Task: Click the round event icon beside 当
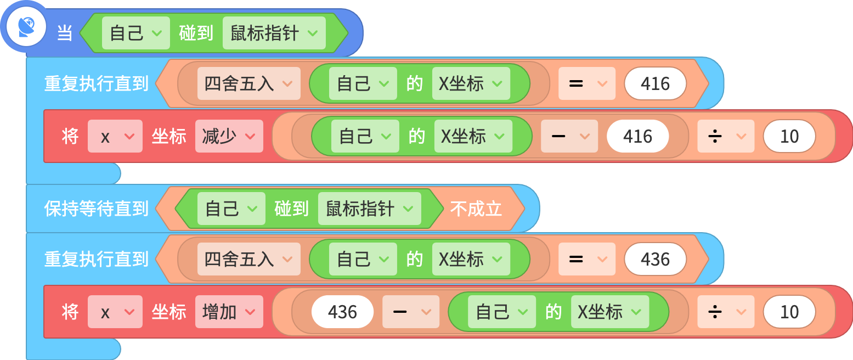tap(26, 27)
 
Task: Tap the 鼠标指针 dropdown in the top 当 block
tap(274, 33)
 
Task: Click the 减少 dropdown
tap(229, 137)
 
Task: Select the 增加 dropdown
tap(229, 312)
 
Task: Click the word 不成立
tap(476, 209)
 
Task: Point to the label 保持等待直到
tap(97, 209)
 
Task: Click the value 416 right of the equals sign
tap(656, 84)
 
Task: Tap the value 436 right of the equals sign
tap(656, 260)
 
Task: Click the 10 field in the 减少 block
tap(789, 137)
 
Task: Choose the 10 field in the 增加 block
tap(789, 312)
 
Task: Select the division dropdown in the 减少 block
tap(726, 137)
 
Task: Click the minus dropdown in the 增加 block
tap(411, 312)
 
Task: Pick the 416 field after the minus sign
tap(638, 137)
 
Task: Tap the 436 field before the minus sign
tap(342, 312)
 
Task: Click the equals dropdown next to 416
tap(587, 84)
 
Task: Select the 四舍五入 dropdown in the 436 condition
tap(248, 260)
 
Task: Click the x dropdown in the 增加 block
tap(115, 312)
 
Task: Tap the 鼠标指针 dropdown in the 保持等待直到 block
tap(370, 209)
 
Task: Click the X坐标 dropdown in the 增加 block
tap(610, 312)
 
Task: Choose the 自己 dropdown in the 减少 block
tap(365, 137)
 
